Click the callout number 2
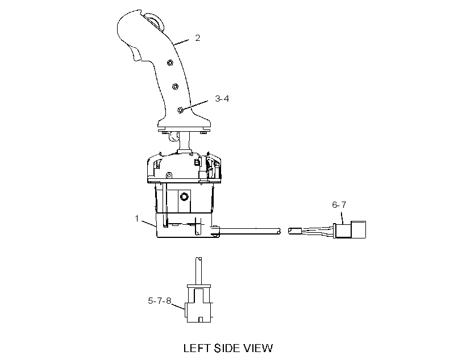coord(198,38)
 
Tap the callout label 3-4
coord(222,99)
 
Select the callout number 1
coord(137,219)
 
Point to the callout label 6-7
coord(339,204)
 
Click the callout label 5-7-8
coord(160,301)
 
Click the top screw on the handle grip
coord(170,62)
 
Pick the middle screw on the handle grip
coord(175,86)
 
